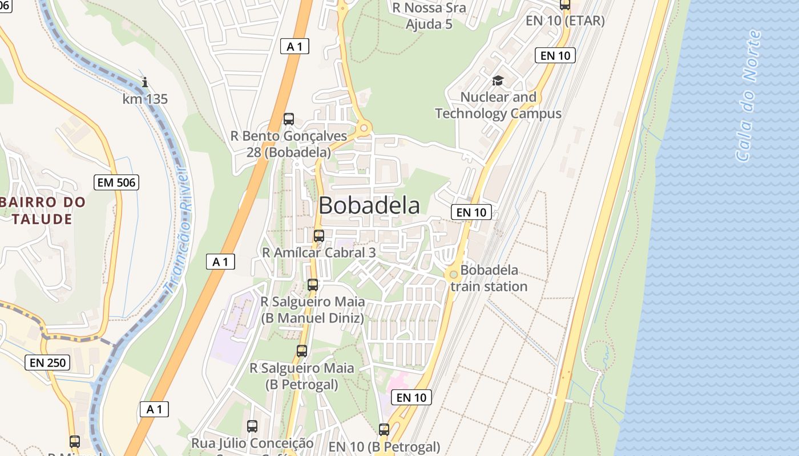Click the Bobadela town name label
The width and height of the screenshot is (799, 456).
[369, 206]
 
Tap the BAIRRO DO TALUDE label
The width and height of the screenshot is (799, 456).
[42, 210]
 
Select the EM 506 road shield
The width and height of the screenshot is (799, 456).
[116, 182]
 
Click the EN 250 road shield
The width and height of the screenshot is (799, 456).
[47, 363]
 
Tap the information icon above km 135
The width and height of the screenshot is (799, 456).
[145, 83]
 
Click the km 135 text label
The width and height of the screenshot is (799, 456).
[145, 99]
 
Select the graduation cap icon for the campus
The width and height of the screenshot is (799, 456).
[498, 81]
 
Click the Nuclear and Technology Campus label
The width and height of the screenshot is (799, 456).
[498, 105]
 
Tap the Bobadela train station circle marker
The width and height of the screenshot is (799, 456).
[454, 274]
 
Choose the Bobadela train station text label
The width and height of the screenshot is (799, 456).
[489, 278]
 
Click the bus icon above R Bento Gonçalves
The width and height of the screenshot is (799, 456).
[289, 119]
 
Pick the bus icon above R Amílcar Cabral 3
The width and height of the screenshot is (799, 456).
[319, 235]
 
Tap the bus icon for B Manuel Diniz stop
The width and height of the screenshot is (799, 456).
[313, 285]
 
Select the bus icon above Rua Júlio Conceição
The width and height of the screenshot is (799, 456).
[252, 426]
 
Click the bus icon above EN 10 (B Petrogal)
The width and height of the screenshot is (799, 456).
[384, 430]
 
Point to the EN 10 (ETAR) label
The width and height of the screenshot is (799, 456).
[565, 21]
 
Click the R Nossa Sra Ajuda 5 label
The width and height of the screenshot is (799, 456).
[429, 16]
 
